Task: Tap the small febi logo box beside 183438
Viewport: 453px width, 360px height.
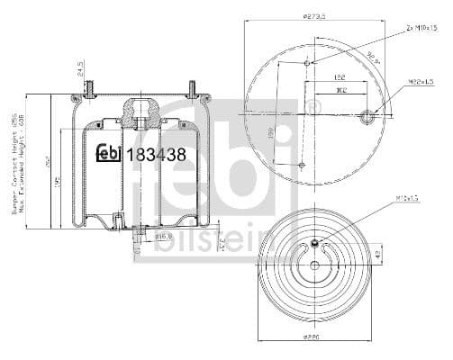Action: click(109, 154)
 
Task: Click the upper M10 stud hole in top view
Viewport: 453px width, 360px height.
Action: click(308, 62)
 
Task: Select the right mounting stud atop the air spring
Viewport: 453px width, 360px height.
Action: click(192, 87)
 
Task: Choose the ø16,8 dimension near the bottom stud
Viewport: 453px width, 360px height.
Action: click(163, 236)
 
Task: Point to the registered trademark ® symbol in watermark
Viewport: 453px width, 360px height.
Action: click(313, 109)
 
